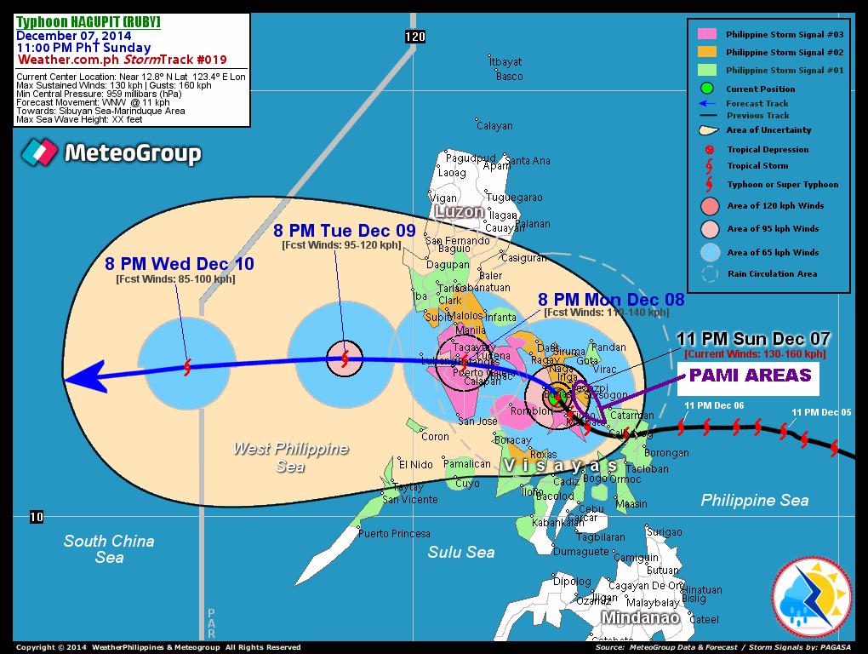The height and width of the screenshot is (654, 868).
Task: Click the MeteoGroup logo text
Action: (x=133, y=154)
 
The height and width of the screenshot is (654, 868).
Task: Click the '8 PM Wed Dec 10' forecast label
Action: (x=179, y=264)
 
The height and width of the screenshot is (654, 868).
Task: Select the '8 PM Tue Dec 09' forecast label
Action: (x=344, y=231)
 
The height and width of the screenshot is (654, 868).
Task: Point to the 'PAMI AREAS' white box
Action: (x=748, y=376)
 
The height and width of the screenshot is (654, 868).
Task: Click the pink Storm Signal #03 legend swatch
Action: (x=707, y=34)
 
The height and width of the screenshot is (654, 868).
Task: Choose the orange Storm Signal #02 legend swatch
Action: (x=707, y=52)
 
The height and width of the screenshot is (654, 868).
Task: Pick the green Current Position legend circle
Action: (x=707, y=89)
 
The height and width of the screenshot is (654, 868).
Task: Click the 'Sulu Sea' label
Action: (x=460, y=553)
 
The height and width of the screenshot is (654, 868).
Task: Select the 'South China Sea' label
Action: (x=109, y=549)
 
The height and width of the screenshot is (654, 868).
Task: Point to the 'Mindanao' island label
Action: (x=640, y=617)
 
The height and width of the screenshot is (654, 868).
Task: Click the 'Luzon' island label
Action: (x=459, y=210)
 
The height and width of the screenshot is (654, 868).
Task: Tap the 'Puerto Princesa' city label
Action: (x=394, y=534)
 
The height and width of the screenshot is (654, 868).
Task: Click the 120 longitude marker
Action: (x=414, y=37)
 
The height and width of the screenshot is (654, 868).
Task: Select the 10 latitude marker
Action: (x=36, y=517)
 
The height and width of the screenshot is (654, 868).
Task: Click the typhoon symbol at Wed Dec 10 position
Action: (x=187, y=367)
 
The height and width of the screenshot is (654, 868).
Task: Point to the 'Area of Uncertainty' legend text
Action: (x=768, y=130)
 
